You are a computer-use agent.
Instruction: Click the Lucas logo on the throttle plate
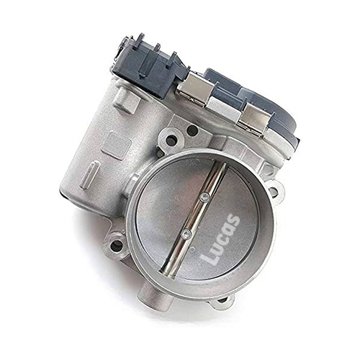(220, 239)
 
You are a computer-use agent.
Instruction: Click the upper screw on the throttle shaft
(204, 197)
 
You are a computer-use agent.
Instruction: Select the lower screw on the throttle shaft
(186, 233)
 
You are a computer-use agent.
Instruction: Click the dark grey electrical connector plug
(149, 68)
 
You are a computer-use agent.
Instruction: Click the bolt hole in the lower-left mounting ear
(117, 245)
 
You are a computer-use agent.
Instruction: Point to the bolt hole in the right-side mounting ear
(273, 192)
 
